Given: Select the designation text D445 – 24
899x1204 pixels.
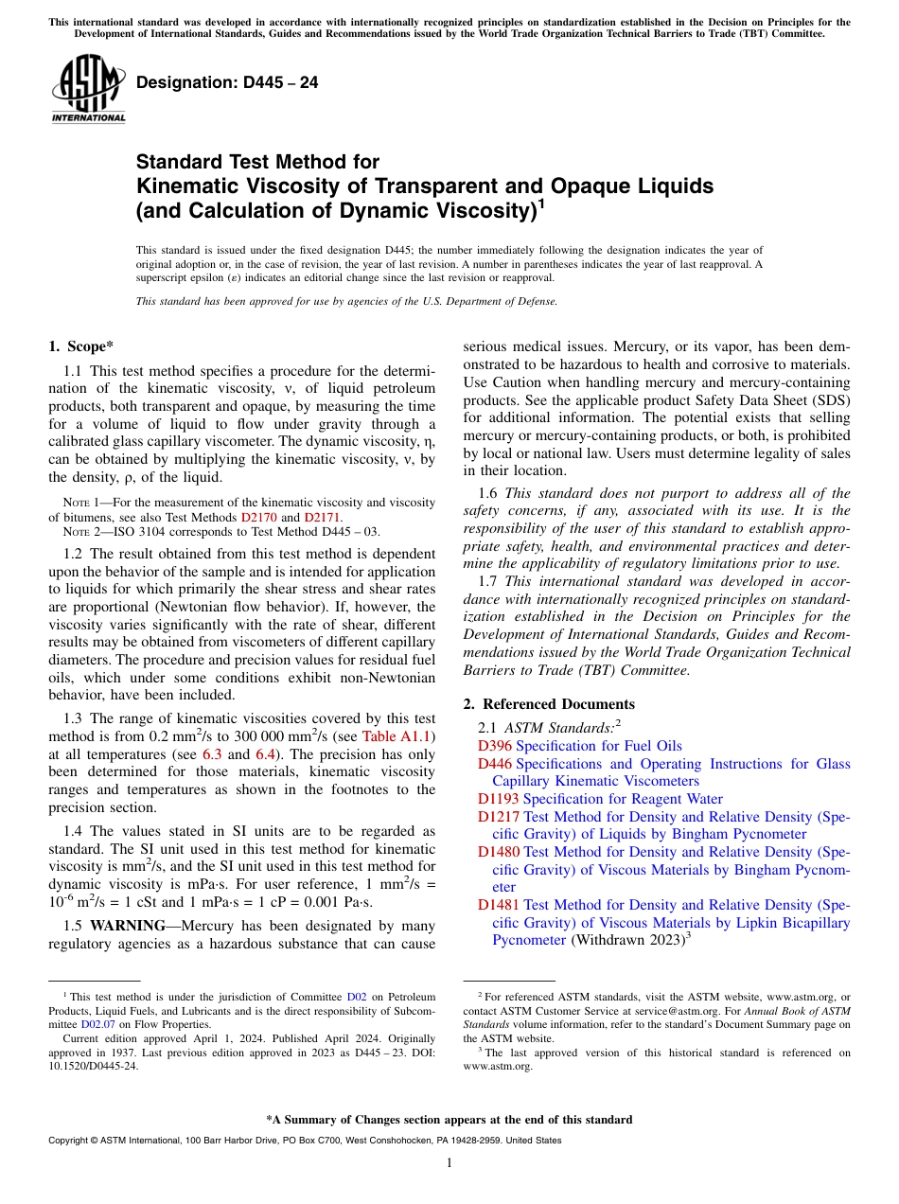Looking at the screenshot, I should [x=227, y=83].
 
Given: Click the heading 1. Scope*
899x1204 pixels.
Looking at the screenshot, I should [x=81, y=347].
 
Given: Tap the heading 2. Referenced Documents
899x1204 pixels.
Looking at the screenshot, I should [x=549, y=704].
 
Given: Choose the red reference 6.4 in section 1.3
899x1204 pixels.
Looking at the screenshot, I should [x=266, y=754].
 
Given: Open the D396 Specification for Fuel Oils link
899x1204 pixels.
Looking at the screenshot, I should [x=579, y=746].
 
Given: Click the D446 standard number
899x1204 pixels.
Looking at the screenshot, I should [x=494, y=764].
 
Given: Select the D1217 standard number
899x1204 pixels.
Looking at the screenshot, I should [x=498, y=817].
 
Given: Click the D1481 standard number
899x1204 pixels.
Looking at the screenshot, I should [x=498, y=905].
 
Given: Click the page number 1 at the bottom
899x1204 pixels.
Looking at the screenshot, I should [x=449, y=1163].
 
